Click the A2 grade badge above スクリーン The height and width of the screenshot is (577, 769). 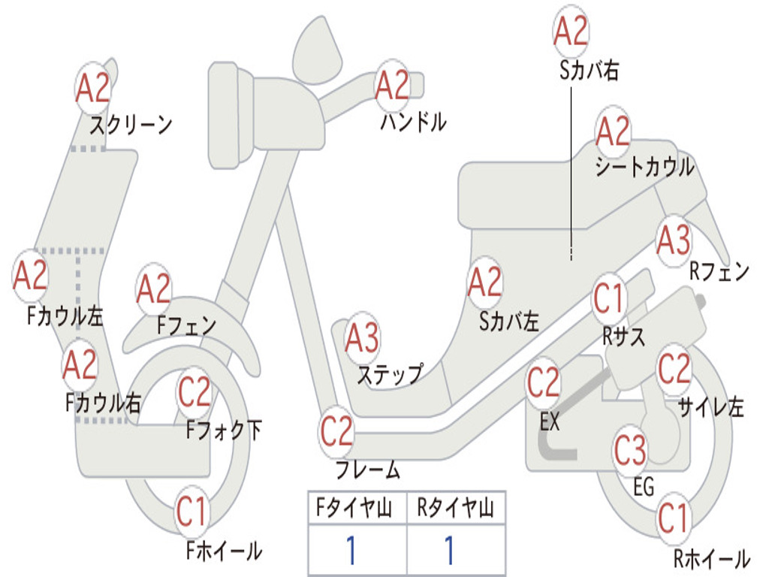point(94,89)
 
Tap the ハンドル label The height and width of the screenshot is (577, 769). point(412,122)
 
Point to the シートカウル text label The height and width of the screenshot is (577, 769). point(644,168)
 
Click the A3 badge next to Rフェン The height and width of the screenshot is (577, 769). point(673,240)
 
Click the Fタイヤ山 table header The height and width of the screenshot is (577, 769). point(356,509)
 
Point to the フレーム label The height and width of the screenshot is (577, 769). point(367,471)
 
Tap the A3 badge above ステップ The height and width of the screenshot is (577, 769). point(362,338)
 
